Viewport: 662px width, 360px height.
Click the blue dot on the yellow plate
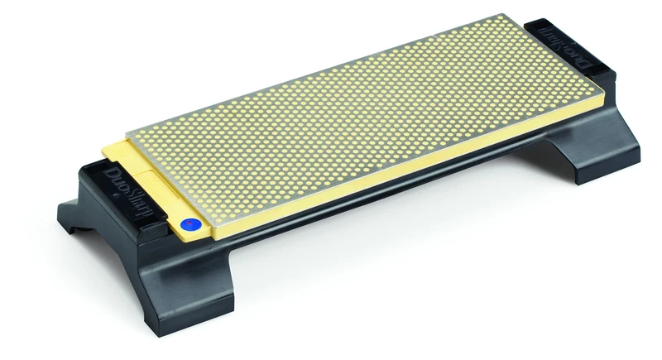(x=190, y=223)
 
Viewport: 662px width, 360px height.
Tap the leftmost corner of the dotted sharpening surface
(x=127, y=135)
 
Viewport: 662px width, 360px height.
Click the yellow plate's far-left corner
(x=104, y=150)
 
